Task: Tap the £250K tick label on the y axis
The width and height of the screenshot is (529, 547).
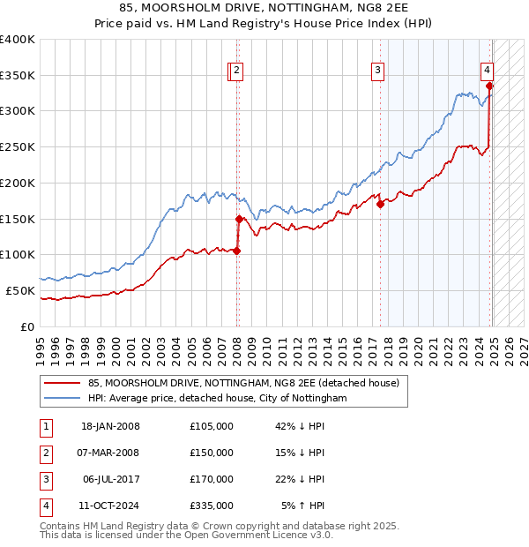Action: point(18,146)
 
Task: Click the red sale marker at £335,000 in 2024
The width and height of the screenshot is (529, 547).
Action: point(488,86)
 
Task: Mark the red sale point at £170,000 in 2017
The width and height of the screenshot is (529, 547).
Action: point(380,204)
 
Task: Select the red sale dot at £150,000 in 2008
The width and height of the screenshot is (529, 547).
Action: point(239,219)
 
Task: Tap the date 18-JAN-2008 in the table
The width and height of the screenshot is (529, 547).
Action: point(110,426)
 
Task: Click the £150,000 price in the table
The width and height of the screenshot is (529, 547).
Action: point(212,453)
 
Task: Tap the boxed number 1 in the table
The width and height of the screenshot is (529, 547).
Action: point(45,426)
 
